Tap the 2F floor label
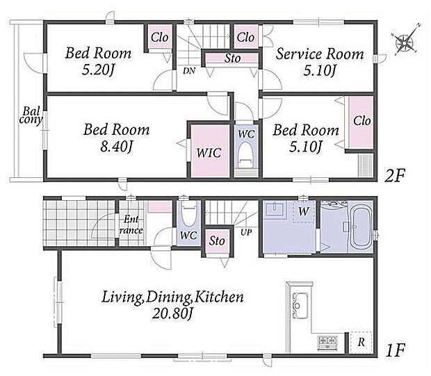394,175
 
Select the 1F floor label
396,350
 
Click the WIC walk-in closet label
209,153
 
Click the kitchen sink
300,306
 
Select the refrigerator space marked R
361,343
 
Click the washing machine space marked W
304,212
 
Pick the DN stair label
189,71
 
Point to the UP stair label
246,233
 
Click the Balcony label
31,115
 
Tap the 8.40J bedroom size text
117,147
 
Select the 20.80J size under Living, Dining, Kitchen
172,313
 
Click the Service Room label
320,54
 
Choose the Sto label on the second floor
233,58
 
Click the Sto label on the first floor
217,241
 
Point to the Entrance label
131,224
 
